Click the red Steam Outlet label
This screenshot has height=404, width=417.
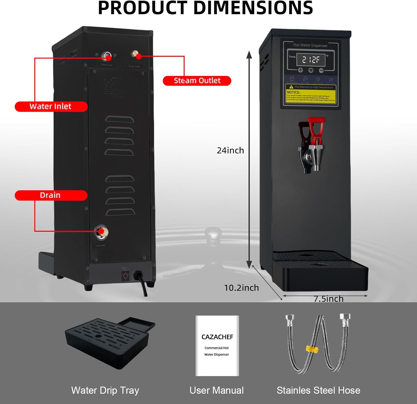[197, 81]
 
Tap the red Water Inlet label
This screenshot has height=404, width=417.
[51, 106]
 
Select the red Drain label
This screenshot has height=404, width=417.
[51, 195]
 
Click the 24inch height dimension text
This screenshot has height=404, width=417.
[230, 150]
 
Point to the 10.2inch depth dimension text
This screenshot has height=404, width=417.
[241, 288]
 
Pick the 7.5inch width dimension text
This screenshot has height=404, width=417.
[328, 299]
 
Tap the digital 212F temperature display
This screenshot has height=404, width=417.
[311, 60]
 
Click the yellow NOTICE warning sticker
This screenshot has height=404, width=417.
[311, 94]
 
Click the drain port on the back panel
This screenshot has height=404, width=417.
[101, 232]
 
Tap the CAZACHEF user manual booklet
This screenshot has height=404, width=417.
[217, 345]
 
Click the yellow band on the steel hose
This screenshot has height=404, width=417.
[312, 349]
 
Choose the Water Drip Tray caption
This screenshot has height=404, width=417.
[105, 390]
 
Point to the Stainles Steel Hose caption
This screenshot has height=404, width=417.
[318, 390]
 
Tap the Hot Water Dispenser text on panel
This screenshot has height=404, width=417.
[310, 45]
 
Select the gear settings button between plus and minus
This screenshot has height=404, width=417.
[311, 70]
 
